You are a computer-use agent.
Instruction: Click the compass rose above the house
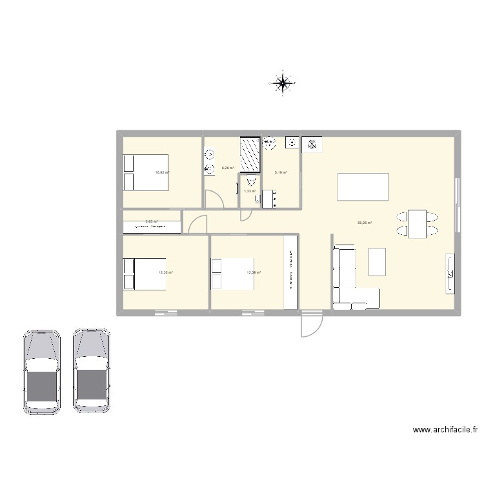(283, 83)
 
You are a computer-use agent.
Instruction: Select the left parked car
(41, 371)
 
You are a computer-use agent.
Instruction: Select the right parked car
(91, 371)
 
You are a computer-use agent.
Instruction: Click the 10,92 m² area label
(161, 172)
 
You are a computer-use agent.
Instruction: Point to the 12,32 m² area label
(165, 272)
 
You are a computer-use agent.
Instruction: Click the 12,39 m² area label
(253, 272)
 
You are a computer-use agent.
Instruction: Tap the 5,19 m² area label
(281, 172)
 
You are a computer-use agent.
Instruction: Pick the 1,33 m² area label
(250, 191)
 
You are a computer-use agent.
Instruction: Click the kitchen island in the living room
(363, 187)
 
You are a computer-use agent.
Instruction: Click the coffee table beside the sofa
(376, 261)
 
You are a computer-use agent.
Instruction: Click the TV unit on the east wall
(449, 274)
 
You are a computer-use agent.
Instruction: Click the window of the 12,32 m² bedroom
(166, 314)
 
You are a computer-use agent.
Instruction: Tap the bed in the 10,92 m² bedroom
(146, 172)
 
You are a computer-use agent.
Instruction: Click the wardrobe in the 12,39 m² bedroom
(291, 271)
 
